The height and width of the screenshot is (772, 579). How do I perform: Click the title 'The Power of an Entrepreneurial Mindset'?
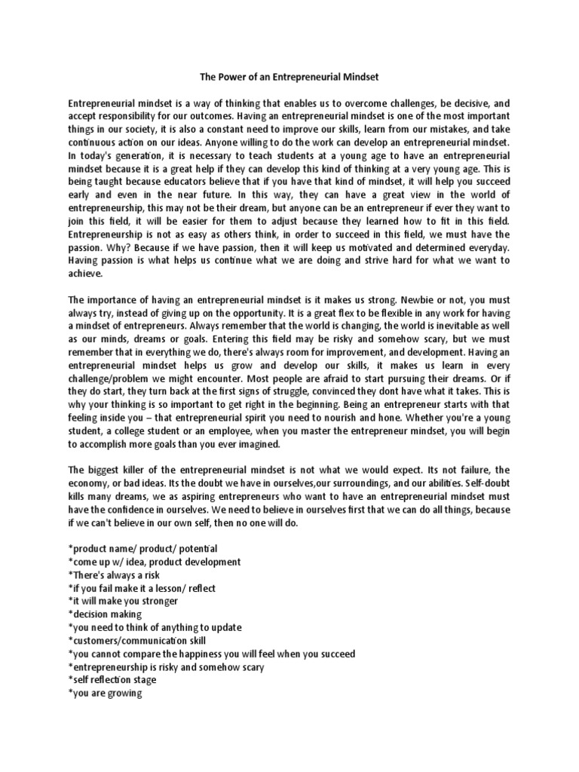289,76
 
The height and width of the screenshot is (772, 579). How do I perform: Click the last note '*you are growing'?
105,692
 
